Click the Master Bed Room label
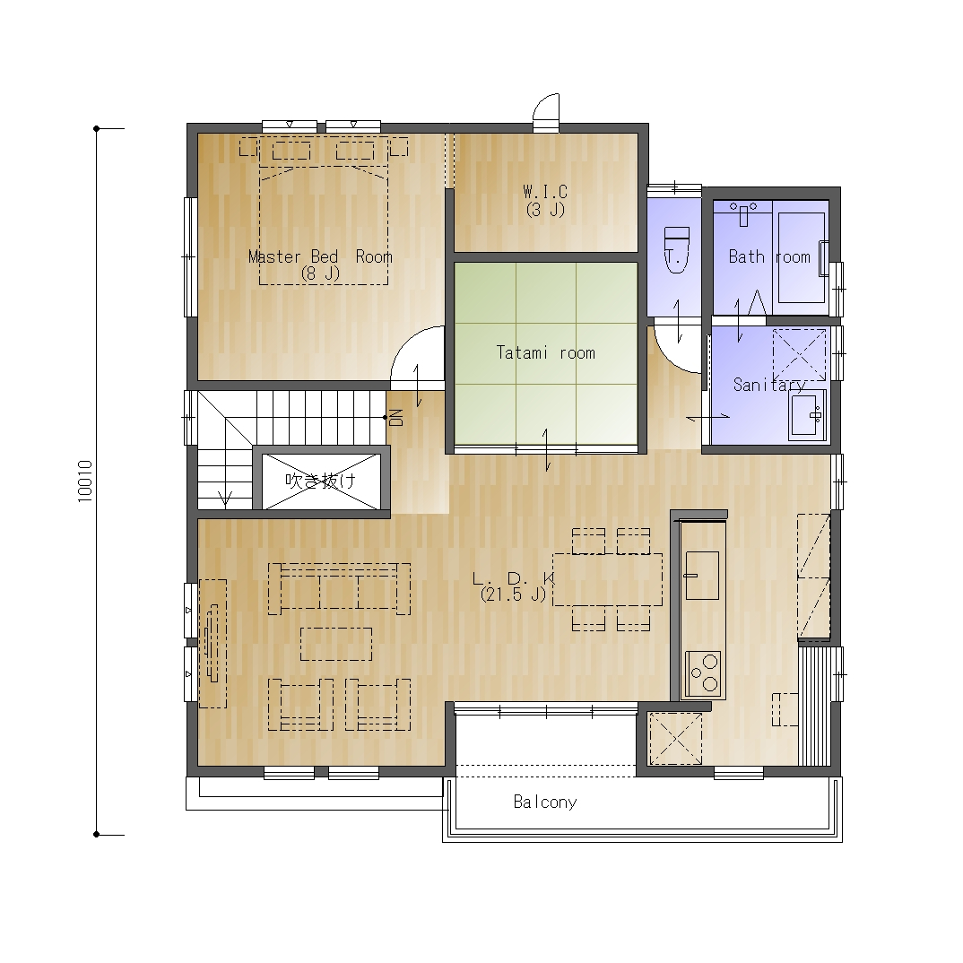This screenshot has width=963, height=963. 320,265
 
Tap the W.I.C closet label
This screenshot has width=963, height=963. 545,200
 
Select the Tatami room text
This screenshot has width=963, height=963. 545,352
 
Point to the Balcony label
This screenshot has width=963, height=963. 545,802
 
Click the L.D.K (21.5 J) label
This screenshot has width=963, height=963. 514,586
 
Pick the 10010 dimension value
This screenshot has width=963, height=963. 85,481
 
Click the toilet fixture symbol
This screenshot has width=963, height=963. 677,249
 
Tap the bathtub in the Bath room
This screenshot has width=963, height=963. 802,257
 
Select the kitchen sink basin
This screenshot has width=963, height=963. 702,575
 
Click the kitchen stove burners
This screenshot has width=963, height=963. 703,673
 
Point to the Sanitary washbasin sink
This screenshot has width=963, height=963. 806,415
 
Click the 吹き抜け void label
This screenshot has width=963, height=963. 321,481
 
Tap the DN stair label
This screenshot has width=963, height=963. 396,418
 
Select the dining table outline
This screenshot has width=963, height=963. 607,580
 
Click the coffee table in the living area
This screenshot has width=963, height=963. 336,644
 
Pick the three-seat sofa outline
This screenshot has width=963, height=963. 340,589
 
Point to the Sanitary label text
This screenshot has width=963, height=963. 769,385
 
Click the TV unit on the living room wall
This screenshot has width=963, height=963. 213,644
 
